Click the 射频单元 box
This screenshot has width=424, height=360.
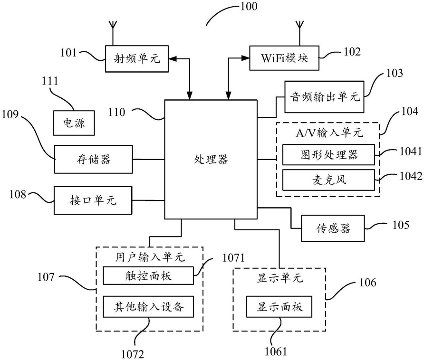(x=137, y=58)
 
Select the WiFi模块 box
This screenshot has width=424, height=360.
(x=284, y=58)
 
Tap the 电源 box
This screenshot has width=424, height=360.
(x=74, y=123)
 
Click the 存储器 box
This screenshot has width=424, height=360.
(x=94, y=159)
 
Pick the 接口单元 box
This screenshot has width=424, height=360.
(x=93, y=200)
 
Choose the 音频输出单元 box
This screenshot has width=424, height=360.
(x=324, y=97)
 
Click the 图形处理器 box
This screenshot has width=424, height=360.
(x=329, y=155)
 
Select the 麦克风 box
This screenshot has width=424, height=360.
(x=329, y=180)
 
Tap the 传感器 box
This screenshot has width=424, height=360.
(x=333, y=228)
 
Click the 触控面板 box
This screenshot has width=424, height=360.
(x=148, y=275)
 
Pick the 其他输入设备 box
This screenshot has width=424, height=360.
(x=148, y=307)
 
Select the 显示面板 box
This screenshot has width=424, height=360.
(x=279, y=307)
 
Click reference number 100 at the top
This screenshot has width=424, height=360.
(x=249, y=7)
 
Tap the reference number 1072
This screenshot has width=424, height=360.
(x=133, y=354)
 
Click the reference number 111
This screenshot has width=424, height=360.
(x=50, y=81)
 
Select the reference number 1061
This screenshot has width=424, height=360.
(x=276, y=351)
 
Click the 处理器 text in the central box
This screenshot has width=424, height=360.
(x=211, y=159)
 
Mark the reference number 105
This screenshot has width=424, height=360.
(x=401, y=225)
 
